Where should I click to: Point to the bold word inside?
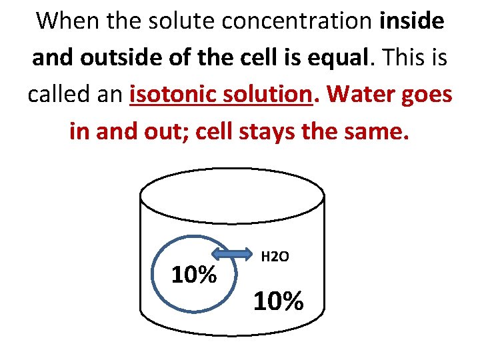pyautogui.click(x=411, y=21)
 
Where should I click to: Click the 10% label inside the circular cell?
pyautogui.click(x=194, y=274)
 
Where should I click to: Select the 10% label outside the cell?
pyautogui.click(x=278, y=301)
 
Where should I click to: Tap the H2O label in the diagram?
pyautogui.click(x=275, y=256)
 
